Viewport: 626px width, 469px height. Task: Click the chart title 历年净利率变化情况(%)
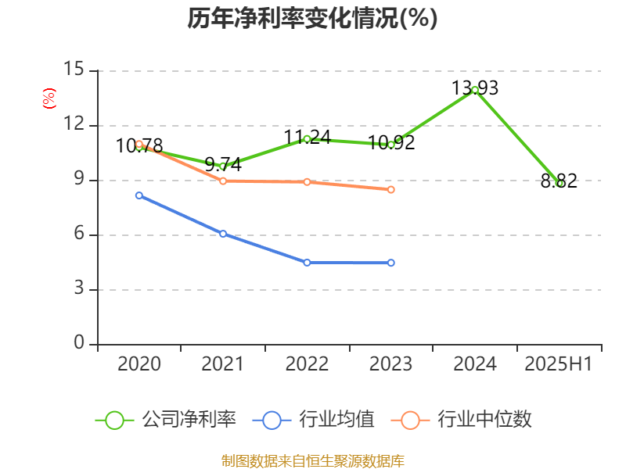[x=312, y=19]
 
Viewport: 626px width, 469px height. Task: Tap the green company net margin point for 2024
[x=475, y=90]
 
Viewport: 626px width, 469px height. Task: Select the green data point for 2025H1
[x=559, y=183]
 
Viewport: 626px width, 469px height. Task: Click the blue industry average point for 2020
[x=139, y=195]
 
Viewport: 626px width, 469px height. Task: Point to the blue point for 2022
[x=307, y=263]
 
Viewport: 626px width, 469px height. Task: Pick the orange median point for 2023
[x=391, y=189]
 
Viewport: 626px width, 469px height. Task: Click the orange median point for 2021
[x=223, y=181]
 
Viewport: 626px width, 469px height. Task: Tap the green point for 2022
[x=307, y=139]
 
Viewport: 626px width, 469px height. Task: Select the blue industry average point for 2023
[x=391, y=263]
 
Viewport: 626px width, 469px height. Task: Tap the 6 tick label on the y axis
[x=79, y=234]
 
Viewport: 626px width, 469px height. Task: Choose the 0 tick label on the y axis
[x=79, y=343]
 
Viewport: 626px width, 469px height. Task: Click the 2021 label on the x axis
[x=223, y=364]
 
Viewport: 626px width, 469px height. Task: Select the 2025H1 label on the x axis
[x=559, y=364]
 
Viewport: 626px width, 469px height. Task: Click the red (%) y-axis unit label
[x=49, y=99]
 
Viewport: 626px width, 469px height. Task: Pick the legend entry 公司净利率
[x=166, y=420]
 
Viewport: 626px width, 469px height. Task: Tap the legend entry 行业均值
[x=314, y=420]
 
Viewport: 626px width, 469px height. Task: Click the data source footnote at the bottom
[x=312, y=460]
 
